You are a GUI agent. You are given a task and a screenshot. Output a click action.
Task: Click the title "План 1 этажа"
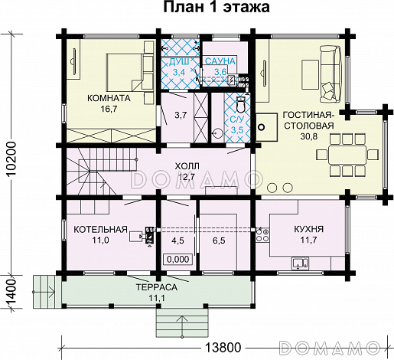click(217, 8)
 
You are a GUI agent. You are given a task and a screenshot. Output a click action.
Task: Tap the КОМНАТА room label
click(109, 98)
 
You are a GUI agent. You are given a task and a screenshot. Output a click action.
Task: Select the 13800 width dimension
click(223, 348)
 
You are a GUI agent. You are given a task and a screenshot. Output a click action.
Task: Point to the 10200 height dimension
click(11, 159)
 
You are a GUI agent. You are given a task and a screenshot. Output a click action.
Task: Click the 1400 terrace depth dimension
click(11, 292)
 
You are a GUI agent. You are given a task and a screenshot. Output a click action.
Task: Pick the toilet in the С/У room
click(240, 104)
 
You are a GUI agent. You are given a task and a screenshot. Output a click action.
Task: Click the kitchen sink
click(301, 263)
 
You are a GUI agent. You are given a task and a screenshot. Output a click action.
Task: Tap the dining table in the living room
click(347, 155)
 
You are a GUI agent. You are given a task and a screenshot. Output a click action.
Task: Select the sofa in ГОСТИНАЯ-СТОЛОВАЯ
click(331, 74)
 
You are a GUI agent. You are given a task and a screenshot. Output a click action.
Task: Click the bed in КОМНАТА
click(125, 72)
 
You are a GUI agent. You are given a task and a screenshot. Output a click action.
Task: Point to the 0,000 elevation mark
click(178, 259)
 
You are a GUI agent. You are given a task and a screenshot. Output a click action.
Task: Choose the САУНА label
click(220, 61)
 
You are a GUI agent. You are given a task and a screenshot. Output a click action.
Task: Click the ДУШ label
click(179, 61)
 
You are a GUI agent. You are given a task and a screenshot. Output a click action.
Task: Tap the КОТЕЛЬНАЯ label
click(100, 229)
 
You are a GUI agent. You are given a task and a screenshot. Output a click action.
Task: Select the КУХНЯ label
click(309, 229)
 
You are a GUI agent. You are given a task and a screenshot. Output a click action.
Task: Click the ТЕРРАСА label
click(157, 287)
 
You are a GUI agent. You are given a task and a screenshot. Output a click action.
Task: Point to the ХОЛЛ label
click(187, 166)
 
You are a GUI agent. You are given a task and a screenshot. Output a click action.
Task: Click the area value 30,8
click(309, 136)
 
